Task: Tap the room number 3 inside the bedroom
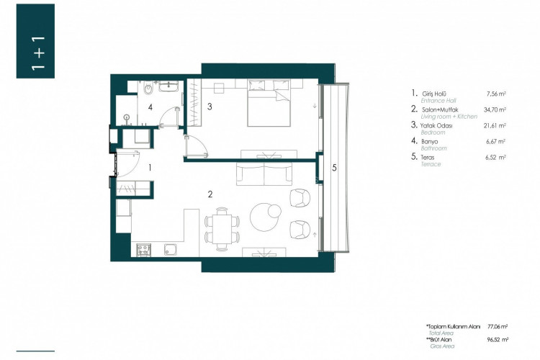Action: point(209,107)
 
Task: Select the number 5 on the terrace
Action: point(335,168)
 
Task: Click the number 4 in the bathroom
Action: point(150,107)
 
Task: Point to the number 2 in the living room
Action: point(210,194)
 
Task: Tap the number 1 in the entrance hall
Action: point(149,167)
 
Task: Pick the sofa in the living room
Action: point(264,174)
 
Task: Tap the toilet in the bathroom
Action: point(148,89)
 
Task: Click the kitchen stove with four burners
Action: point(143,251)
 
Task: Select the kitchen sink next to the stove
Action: point(171,251)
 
